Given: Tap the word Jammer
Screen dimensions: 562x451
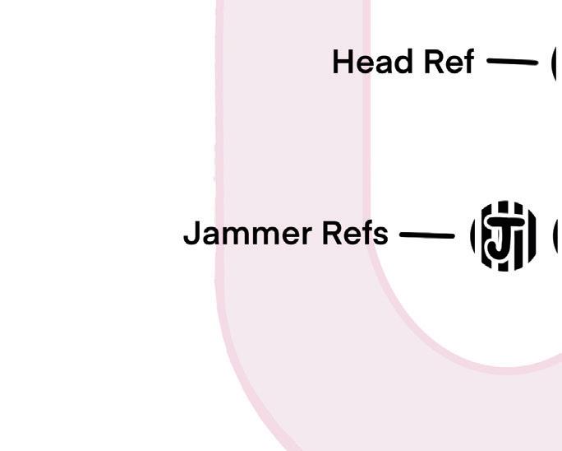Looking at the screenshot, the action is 247,234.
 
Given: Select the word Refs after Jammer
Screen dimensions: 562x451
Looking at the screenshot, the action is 355,234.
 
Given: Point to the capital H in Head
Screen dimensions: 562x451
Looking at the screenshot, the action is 343,63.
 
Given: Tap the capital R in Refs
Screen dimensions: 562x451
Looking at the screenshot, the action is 332,234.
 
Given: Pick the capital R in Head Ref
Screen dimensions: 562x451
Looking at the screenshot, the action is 429,63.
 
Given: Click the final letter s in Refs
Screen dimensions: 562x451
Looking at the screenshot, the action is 381,235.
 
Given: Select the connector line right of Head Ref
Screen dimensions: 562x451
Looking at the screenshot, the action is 512,61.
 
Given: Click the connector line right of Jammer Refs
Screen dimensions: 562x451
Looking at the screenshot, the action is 426,235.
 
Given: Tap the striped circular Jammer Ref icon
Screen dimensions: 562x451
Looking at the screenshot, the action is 504,236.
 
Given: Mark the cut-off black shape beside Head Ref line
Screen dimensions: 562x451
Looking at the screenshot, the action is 556,63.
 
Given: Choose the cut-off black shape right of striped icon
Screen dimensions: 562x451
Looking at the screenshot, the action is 558,236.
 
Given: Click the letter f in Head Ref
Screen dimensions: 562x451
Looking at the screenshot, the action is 468,62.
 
